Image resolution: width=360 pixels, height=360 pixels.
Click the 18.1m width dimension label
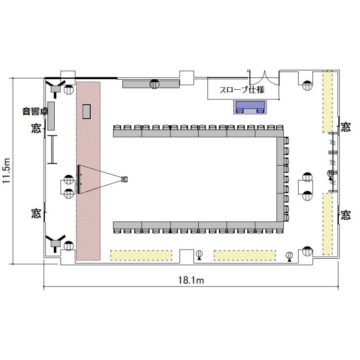click(191, 280)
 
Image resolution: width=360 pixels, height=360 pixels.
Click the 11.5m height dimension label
click(6, 170)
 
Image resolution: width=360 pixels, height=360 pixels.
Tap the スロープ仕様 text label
click(242, 89)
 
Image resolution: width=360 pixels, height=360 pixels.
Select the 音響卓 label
click(36, 111)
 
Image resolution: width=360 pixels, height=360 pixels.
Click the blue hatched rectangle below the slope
click(250, 107)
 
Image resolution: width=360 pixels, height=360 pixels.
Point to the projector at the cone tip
click(124, 179)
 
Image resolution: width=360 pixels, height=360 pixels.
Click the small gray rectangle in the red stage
click(86, 111)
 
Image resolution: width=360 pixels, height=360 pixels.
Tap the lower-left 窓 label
click(36, 213)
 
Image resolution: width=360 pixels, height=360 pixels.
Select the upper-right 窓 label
click(346, 127)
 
